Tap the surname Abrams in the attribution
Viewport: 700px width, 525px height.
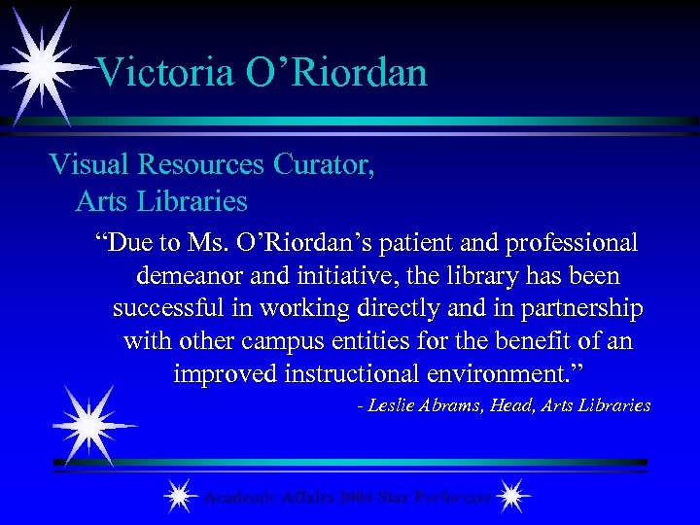coord(456,405)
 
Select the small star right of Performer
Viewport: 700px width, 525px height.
coord(511,496)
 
